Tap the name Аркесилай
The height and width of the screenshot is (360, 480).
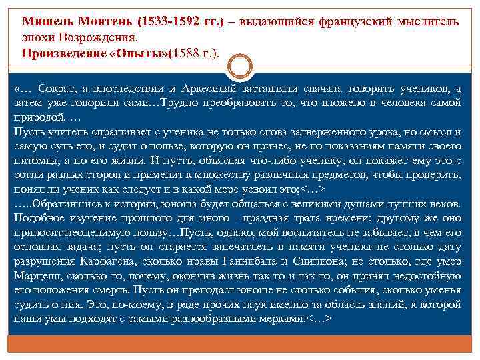210,88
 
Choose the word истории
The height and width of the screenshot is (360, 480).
137,203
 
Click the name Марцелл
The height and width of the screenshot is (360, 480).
38,276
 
